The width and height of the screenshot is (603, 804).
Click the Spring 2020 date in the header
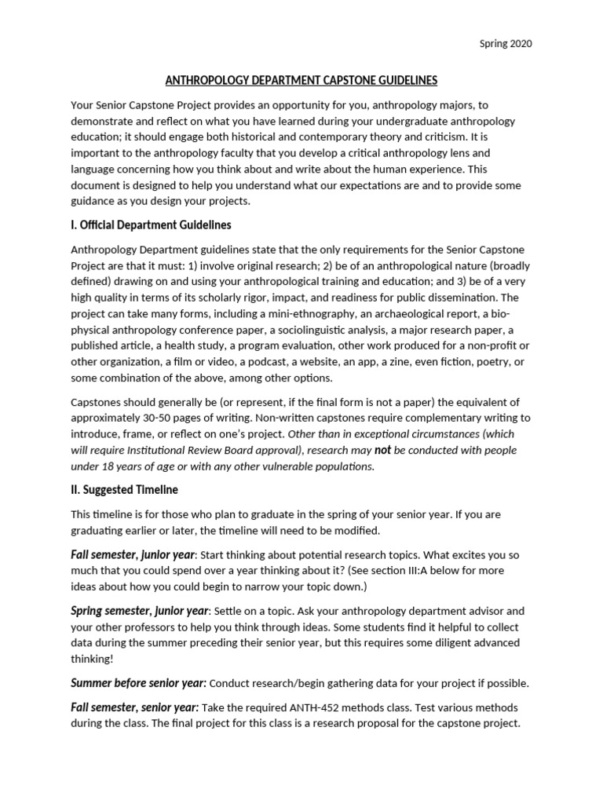tap(506, 43)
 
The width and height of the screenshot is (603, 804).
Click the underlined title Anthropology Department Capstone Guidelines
tap(301, 80)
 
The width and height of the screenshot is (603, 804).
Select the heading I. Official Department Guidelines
tap(151, 225)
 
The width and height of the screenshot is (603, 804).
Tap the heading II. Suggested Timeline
tap(124, 490)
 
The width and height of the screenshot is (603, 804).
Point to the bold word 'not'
tap(382, 450)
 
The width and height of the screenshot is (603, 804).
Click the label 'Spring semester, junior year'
tap(139, 610)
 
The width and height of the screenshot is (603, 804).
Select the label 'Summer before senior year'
tap(138, 682)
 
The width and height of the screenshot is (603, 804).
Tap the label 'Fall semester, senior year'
tap(134, 707)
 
